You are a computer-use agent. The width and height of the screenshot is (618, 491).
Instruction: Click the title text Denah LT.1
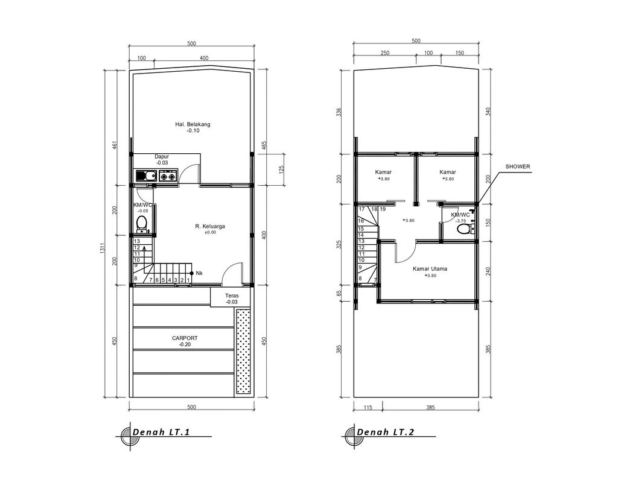(166, 432)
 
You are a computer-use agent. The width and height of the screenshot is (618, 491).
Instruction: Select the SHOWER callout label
(517, 166)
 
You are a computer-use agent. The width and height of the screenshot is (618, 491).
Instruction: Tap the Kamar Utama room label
(430, 269)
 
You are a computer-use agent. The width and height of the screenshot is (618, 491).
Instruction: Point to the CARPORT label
(185, 338)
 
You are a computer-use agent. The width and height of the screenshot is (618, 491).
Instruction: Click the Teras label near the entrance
(232, 296)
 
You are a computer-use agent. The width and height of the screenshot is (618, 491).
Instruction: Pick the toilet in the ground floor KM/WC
(142, 224)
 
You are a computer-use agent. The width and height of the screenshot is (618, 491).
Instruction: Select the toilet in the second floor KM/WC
(463, 227)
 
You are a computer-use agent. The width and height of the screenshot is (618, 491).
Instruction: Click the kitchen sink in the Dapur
(145, 176)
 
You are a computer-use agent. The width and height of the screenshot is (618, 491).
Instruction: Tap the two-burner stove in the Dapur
(167, 176)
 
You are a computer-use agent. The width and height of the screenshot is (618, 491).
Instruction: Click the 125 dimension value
(281, 169)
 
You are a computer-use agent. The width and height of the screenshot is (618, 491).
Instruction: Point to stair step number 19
(383, 209)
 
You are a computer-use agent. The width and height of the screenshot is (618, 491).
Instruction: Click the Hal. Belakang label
(193, 124)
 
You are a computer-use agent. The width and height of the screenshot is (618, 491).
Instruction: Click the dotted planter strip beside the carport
(243, 352)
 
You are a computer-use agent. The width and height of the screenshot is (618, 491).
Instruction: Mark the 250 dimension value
(385, 53)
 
